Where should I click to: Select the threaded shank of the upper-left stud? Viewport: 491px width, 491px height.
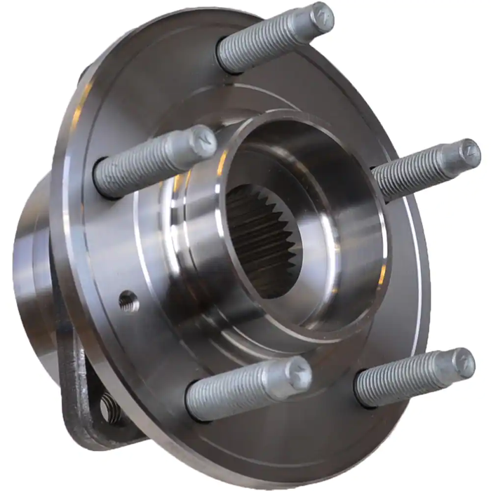144,163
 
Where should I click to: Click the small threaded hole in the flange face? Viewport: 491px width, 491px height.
127,301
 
